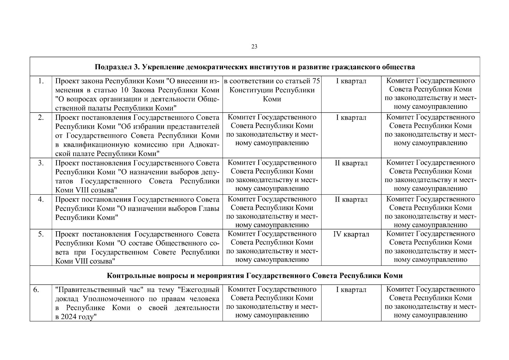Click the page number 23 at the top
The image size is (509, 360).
click(254, 46)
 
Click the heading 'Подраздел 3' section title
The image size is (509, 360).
click(255, 67)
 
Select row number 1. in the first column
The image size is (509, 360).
click(41, 81)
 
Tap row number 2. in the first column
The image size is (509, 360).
click(41, 117)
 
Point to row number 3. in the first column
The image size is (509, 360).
click(41, 163)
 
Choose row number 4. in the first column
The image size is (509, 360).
click(41, 199)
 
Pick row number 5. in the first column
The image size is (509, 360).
click(41, 234)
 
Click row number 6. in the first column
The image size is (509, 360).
click(36, 289)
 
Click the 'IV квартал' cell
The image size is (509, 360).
click(351, 234)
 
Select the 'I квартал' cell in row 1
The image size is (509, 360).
click(351, 81)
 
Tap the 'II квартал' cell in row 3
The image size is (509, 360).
click(351, 163)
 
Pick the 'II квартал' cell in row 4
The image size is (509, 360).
click(351, 199)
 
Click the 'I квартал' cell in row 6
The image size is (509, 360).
click(351, 289)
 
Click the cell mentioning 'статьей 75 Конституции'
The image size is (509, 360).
click(272, 90)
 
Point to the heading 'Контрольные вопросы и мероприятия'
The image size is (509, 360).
click(255, 275)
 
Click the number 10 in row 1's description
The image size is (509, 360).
click(125, 90)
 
